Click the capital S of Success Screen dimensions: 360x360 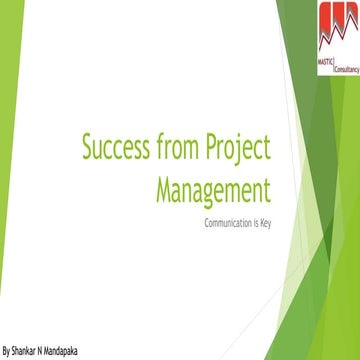(88, 149)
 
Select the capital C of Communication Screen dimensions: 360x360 (206, 221)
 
